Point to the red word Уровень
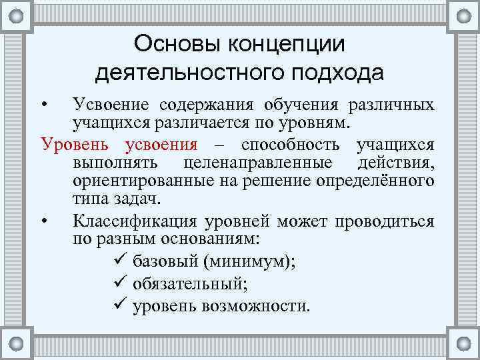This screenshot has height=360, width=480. (x=73, y=145)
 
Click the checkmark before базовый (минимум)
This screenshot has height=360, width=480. (x=121, y=261)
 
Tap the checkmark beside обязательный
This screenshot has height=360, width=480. (x=121, y=284)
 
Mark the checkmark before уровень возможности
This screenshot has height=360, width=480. (x=121, y=307)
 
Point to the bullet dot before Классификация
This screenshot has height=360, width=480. (x=43, y=221)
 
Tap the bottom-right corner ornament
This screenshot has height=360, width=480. (x=463, y=343)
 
